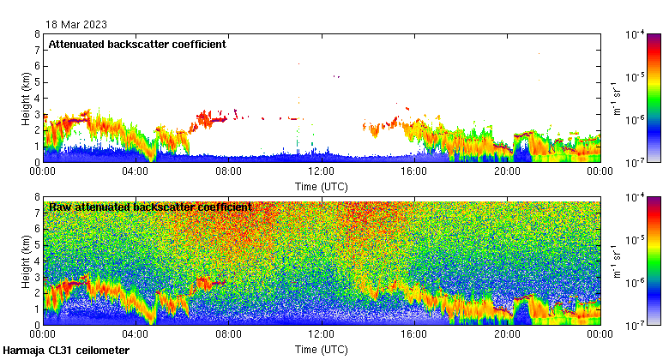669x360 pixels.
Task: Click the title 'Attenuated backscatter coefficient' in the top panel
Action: coord(137,45)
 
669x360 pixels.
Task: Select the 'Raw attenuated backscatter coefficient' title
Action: coord(150,207)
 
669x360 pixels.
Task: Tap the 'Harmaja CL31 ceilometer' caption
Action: coord(66,351)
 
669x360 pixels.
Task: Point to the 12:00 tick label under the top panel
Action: coord(321,171)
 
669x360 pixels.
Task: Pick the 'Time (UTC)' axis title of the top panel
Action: coord(321,185)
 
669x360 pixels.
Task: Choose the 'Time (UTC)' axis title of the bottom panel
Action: coord(321,349)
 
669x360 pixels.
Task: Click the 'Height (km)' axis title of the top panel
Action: coord(26,98)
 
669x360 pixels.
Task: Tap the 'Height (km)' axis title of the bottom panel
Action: coord(26,261)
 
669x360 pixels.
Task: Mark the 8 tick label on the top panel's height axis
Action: coord(36,34)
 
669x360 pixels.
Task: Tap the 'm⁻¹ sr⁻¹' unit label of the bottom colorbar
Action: coord(617,261)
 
